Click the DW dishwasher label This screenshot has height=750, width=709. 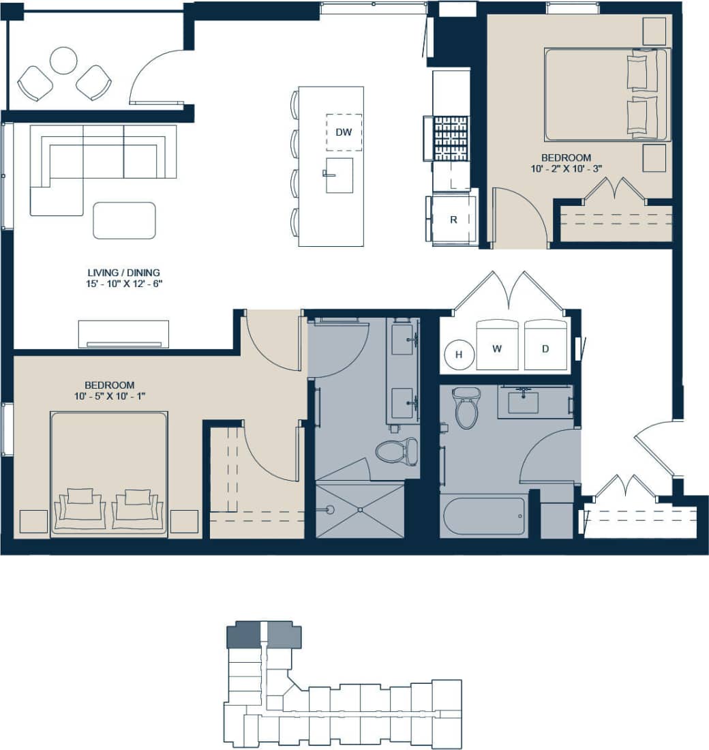click(344, 132)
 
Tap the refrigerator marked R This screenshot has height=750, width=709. click(453, 220)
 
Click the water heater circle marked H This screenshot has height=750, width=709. click(459, 354)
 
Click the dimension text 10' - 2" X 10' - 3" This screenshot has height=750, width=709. click(567, 168)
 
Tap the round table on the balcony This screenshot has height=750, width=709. click(63, 60)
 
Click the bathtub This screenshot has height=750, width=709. click(484, 516)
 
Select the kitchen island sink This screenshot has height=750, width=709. click(339, 175)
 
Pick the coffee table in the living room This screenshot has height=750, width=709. click(124, 220)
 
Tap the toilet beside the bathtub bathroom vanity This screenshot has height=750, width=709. click(466, 407)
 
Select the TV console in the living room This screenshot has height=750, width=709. click(123, 333)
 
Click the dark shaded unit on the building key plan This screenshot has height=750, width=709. click(243, 635)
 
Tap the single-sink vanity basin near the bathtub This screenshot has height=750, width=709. click(523, 402)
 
